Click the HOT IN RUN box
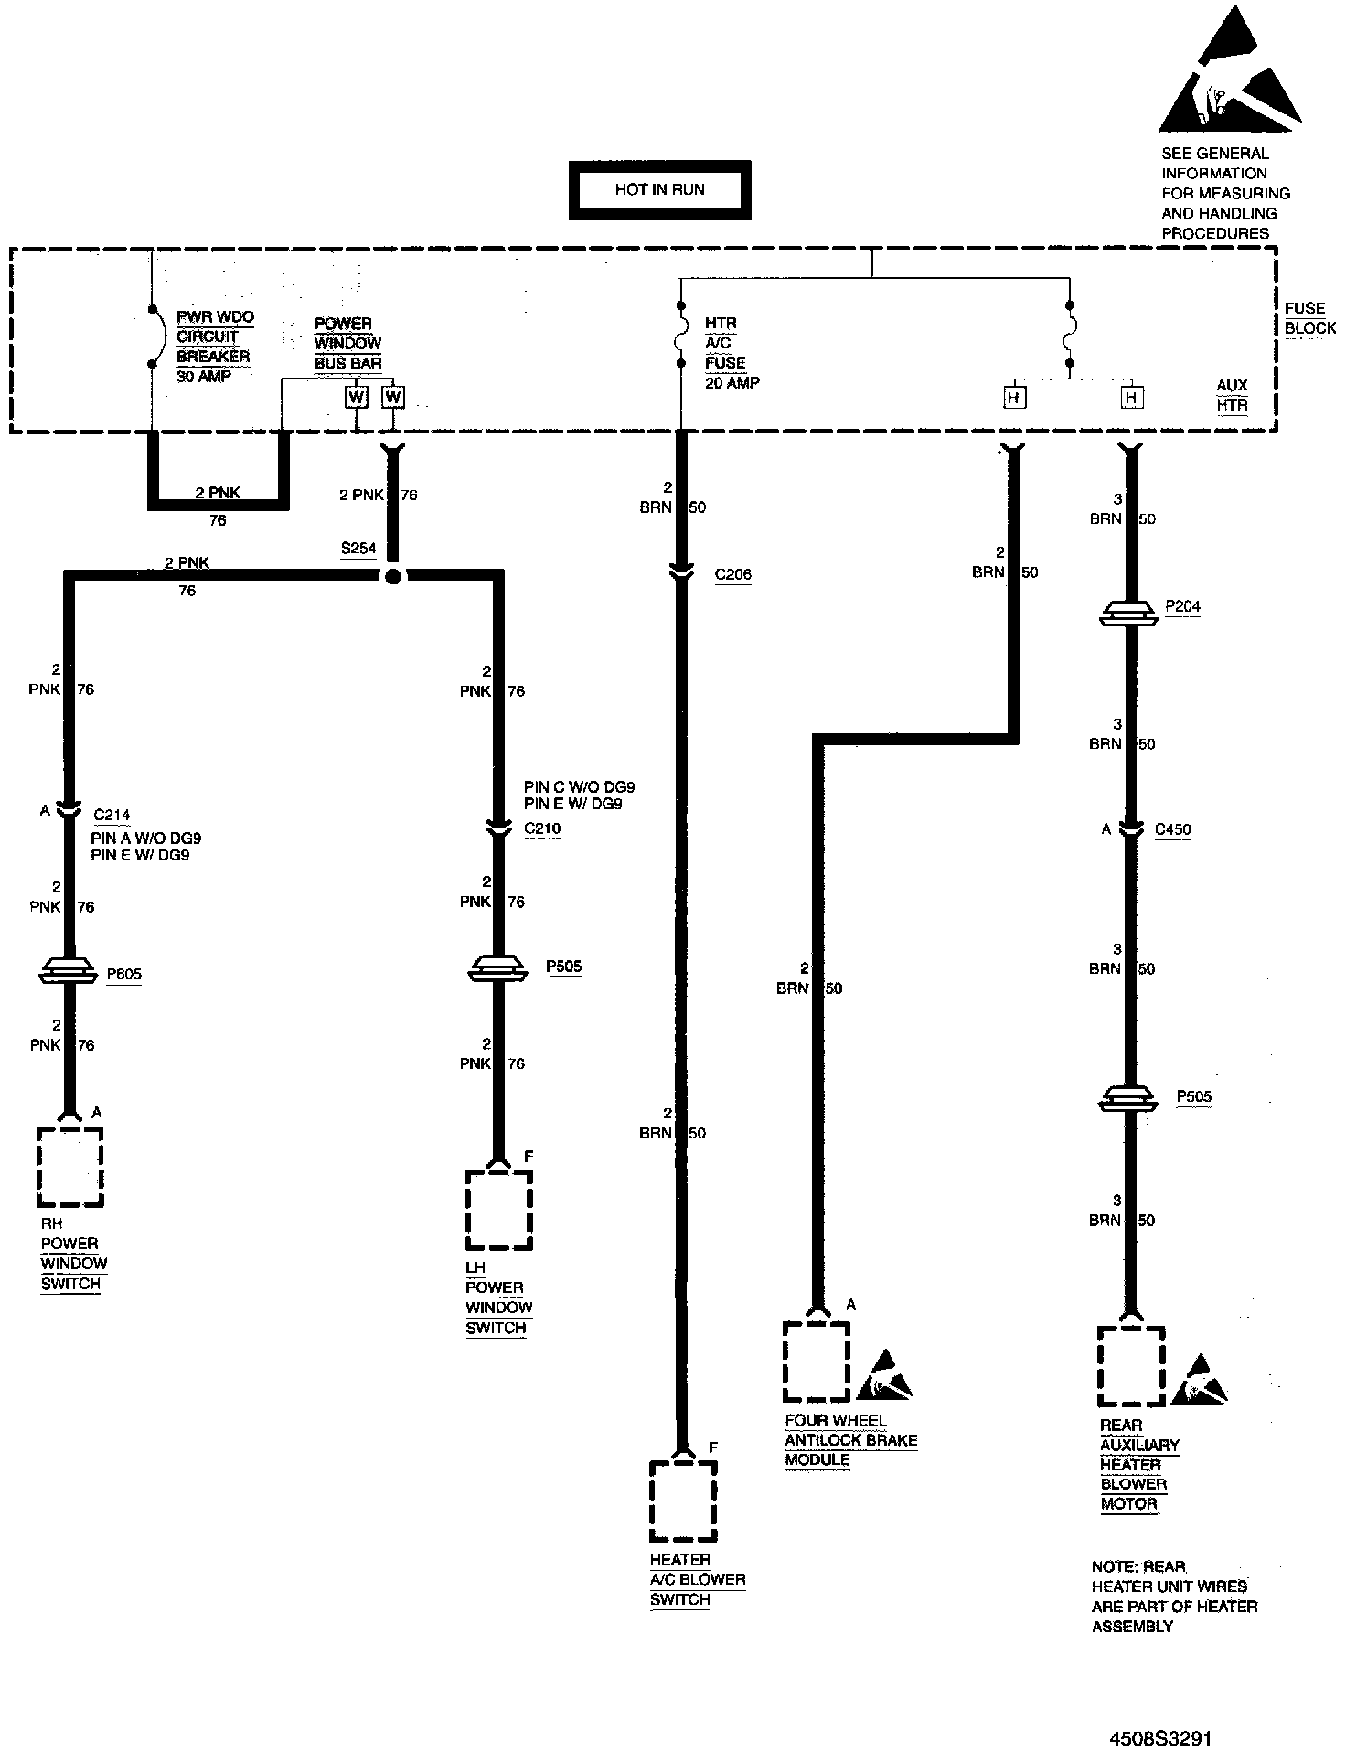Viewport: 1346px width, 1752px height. click(x=659, y=190)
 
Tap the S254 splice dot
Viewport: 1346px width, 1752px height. click(x=392, y=576)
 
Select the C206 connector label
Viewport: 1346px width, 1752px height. click(x=732, y=575)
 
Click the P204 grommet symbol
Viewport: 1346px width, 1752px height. click(x=1129, y=613)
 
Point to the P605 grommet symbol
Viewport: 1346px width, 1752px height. click(x=69, y=972)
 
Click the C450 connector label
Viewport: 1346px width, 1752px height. click(x=1172, y=830)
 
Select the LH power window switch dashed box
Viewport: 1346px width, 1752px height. click(x=498, y=1210)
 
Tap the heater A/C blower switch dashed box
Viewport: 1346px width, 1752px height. click(x=682, y=1501)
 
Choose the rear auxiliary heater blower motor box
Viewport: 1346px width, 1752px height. click(x=1130, y=1367)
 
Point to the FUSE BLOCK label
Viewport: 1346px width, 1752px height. click(x=1309, y=318)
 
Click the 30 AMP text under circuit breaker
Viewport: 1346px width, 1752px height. click(x=203, y=377)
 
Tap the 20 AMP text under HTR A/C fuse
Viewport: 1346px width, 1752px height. click(x=732, y=383)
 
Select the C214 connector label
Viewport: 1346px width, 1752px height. click(x=112, y=815)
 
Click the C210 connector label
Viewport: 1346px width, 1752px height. click(x=542, y=829)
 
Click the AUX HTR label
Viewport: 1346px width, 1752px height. click(x=1232, y=395)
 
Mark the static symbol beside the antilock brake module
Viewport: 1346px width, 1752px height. click(x=884, y=1376)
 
